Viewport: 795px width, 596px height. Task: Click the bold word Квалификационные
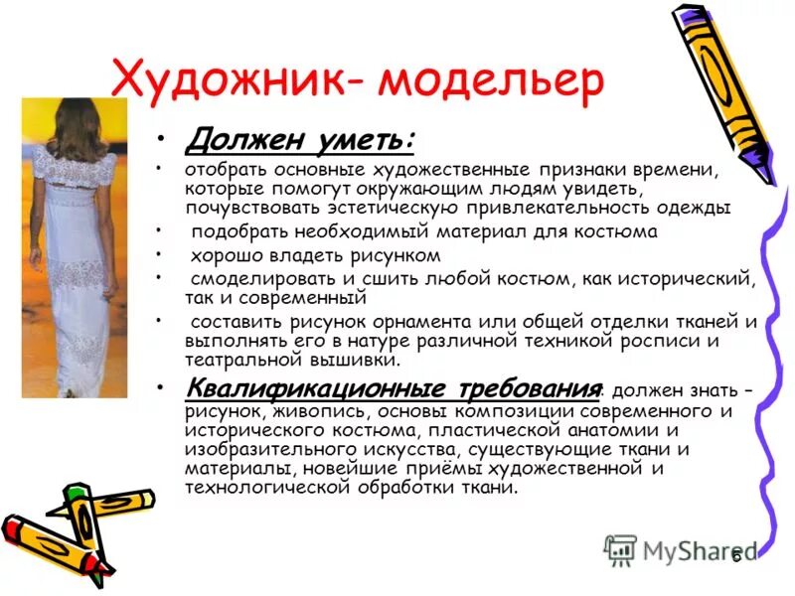[x=288, y=388]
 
